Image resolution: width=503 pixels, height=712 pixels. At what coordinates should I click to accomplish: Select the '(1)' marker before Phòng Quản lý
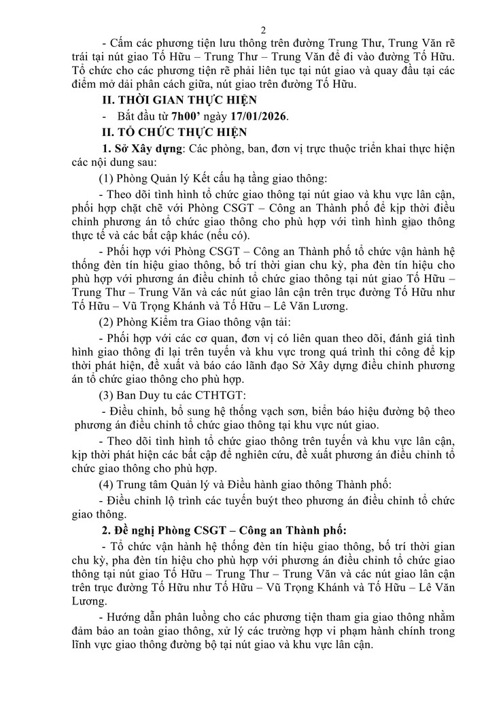tap(109, 180)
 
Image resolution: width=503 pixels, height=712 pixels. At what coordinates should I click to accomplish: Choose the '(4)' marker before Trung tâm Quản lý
tap(109, 484)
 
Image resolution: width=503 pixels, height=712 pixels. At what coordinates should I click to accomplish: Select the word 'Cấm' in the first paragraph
tap(122, 45)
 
